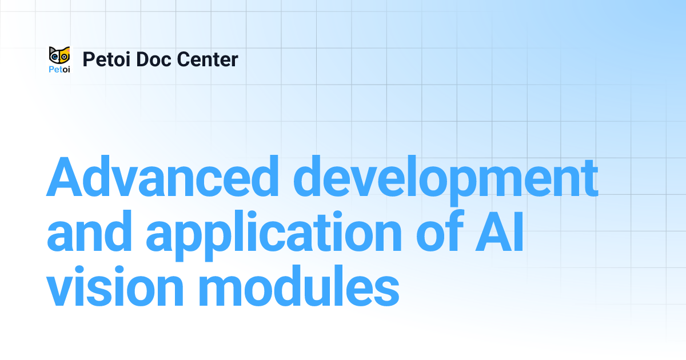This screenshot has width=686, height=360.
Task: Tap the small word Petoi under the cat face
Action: [x=59, y=70]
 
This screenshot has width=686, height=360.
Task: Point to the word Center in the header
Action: [x=209, y=59]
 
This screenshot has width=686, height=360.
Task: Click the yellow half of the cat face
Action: [x=65, y=56]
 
